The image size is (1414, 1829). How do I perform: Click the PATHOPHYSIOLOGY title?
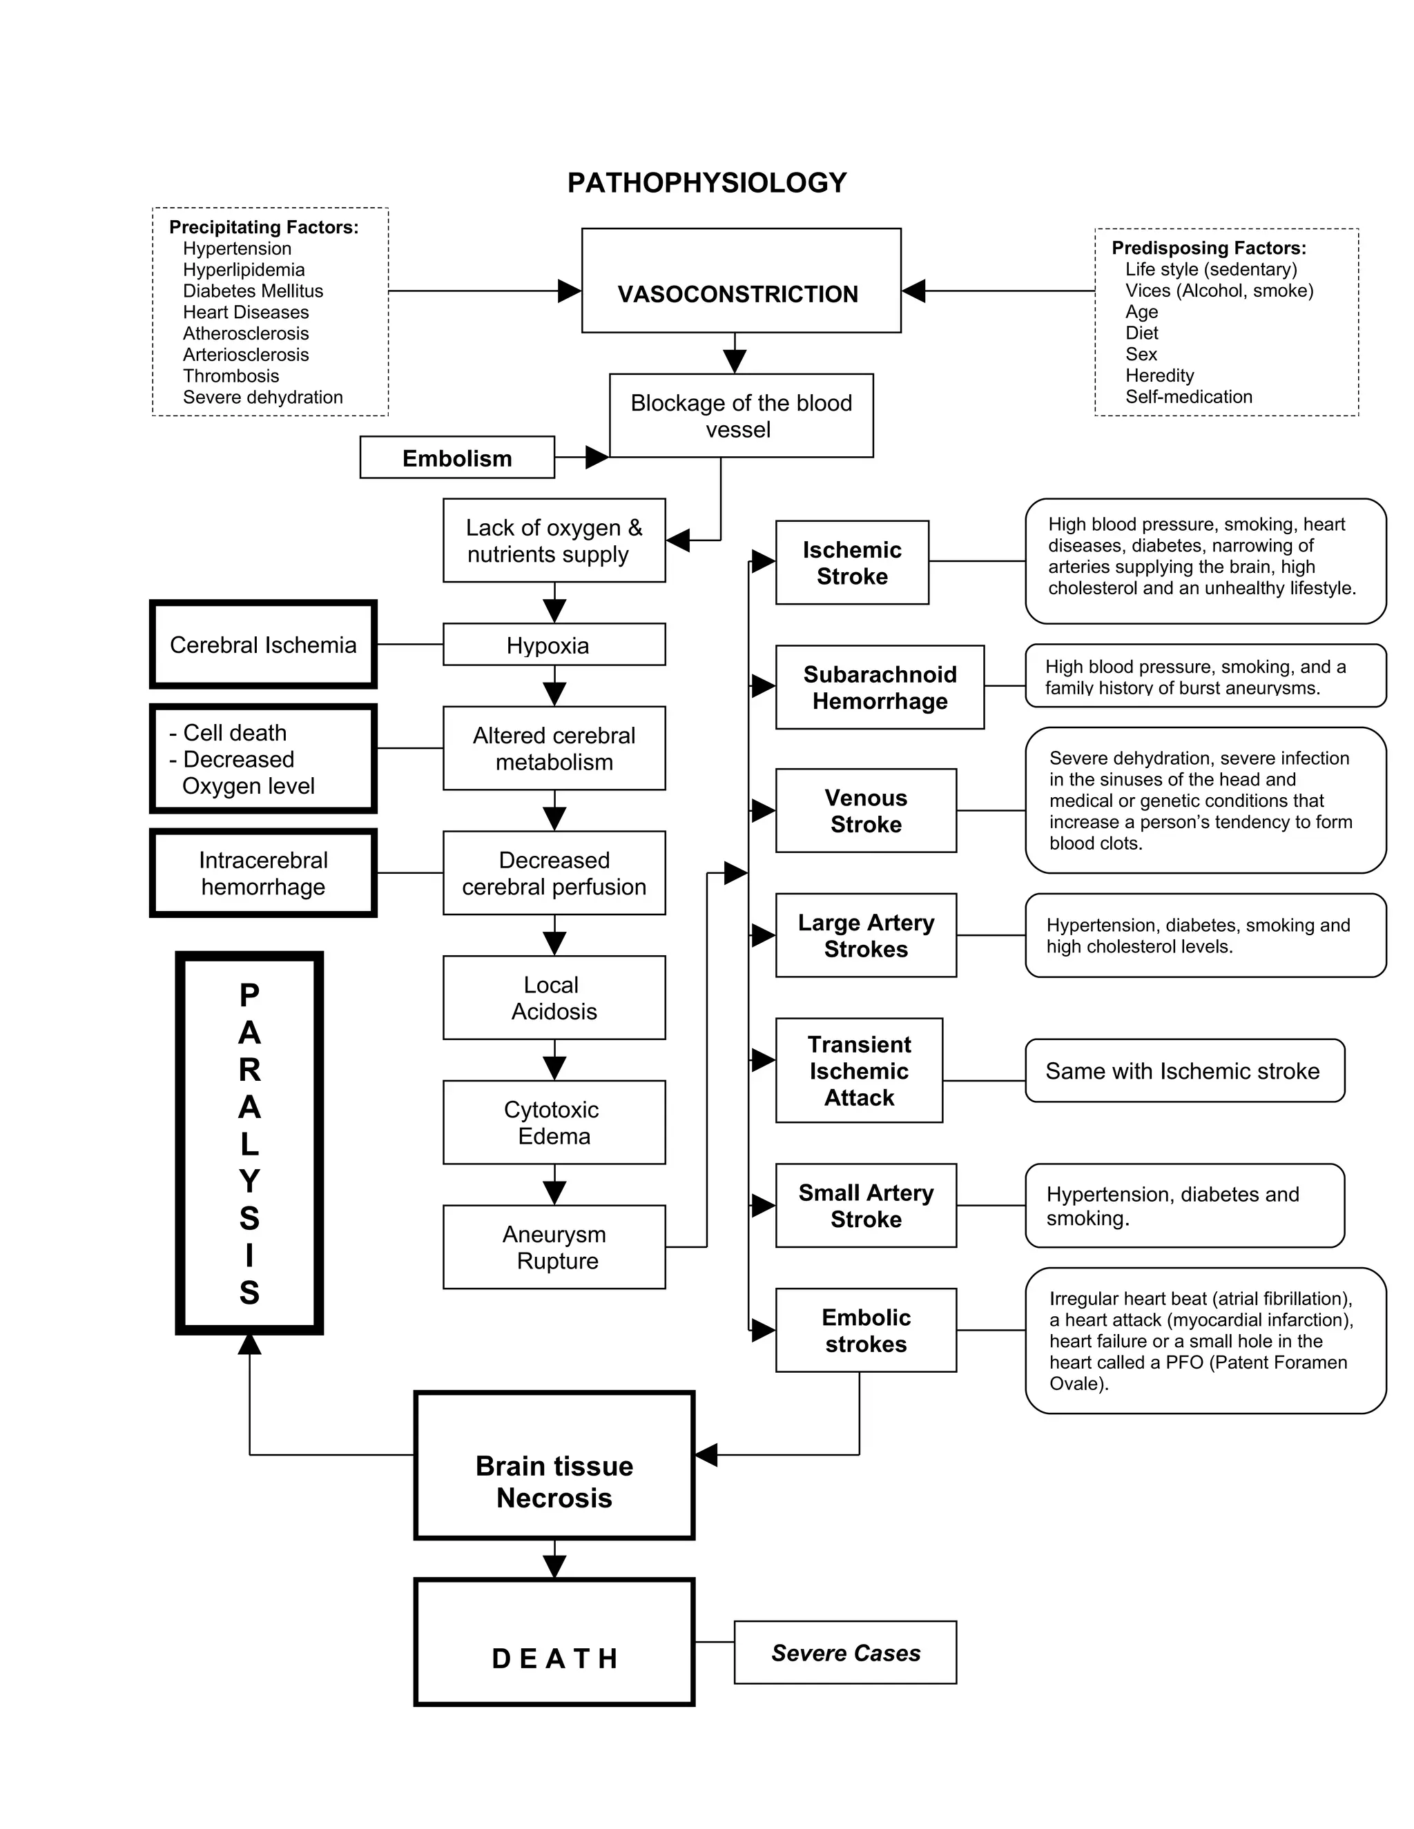706,183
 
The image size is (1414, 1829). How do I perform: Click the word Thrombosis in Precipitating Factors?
231,376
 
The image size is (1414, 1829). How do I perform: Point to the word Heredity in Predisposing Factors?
1159,375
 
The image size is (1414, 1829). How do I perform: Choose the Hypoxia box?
554,645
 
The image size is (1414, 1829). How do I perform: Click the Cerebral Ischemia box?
263,645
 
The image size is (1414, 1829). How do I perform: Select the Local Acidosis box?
554,997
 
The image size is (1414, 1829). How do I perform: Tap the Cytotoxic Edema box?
554,1122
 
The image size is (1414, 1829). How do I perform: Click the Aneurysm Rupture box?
554,1247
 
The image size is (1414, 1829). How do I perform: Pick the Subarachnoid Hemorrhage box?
880,687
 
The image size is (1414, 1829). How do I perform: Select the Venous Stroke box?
865,811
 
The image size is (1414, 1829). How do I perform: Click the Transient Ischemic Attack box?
859,1070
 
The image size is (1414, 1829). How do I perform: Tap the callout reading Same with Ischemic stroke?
1183,1071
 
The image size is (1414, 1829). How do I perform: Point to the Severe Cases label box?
845,1653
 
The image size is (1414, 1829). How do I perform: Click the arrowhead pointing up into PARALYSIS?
250,1344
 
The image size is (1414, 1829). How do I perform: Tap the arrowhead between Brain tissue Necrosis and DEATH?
554,1566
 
